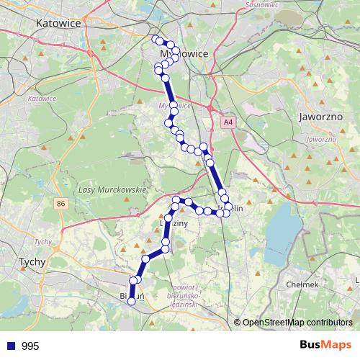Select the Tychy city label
[33, 262]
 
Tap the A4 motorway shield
[228, 123]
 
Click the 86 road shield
[60, 204]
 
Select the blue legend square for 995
[11, 346]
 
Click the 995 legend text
[30, 346]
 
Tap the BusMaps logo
[325, 346]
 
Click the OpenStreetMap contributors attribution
[297, 323]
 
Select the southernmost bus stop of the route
[132, 302]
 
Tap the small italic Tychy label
[44, 242]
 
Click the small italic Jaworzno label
[321, 138]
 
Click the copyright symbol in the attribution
[237, 323]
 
